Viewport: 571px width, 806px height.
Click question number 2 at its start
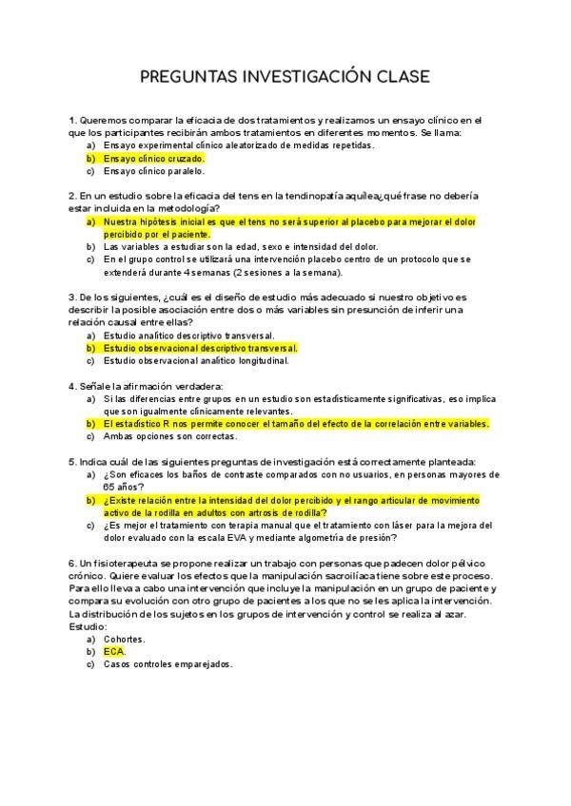click(x=72, y=196)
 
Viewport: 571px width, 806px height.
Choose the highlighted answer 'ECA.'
click(x=114, y=652)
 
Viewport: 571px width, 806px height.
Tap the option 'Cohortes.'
click(x=124, y=640)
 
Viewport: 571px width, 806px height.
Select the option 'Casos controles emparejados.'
click(x=167, y=664)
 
